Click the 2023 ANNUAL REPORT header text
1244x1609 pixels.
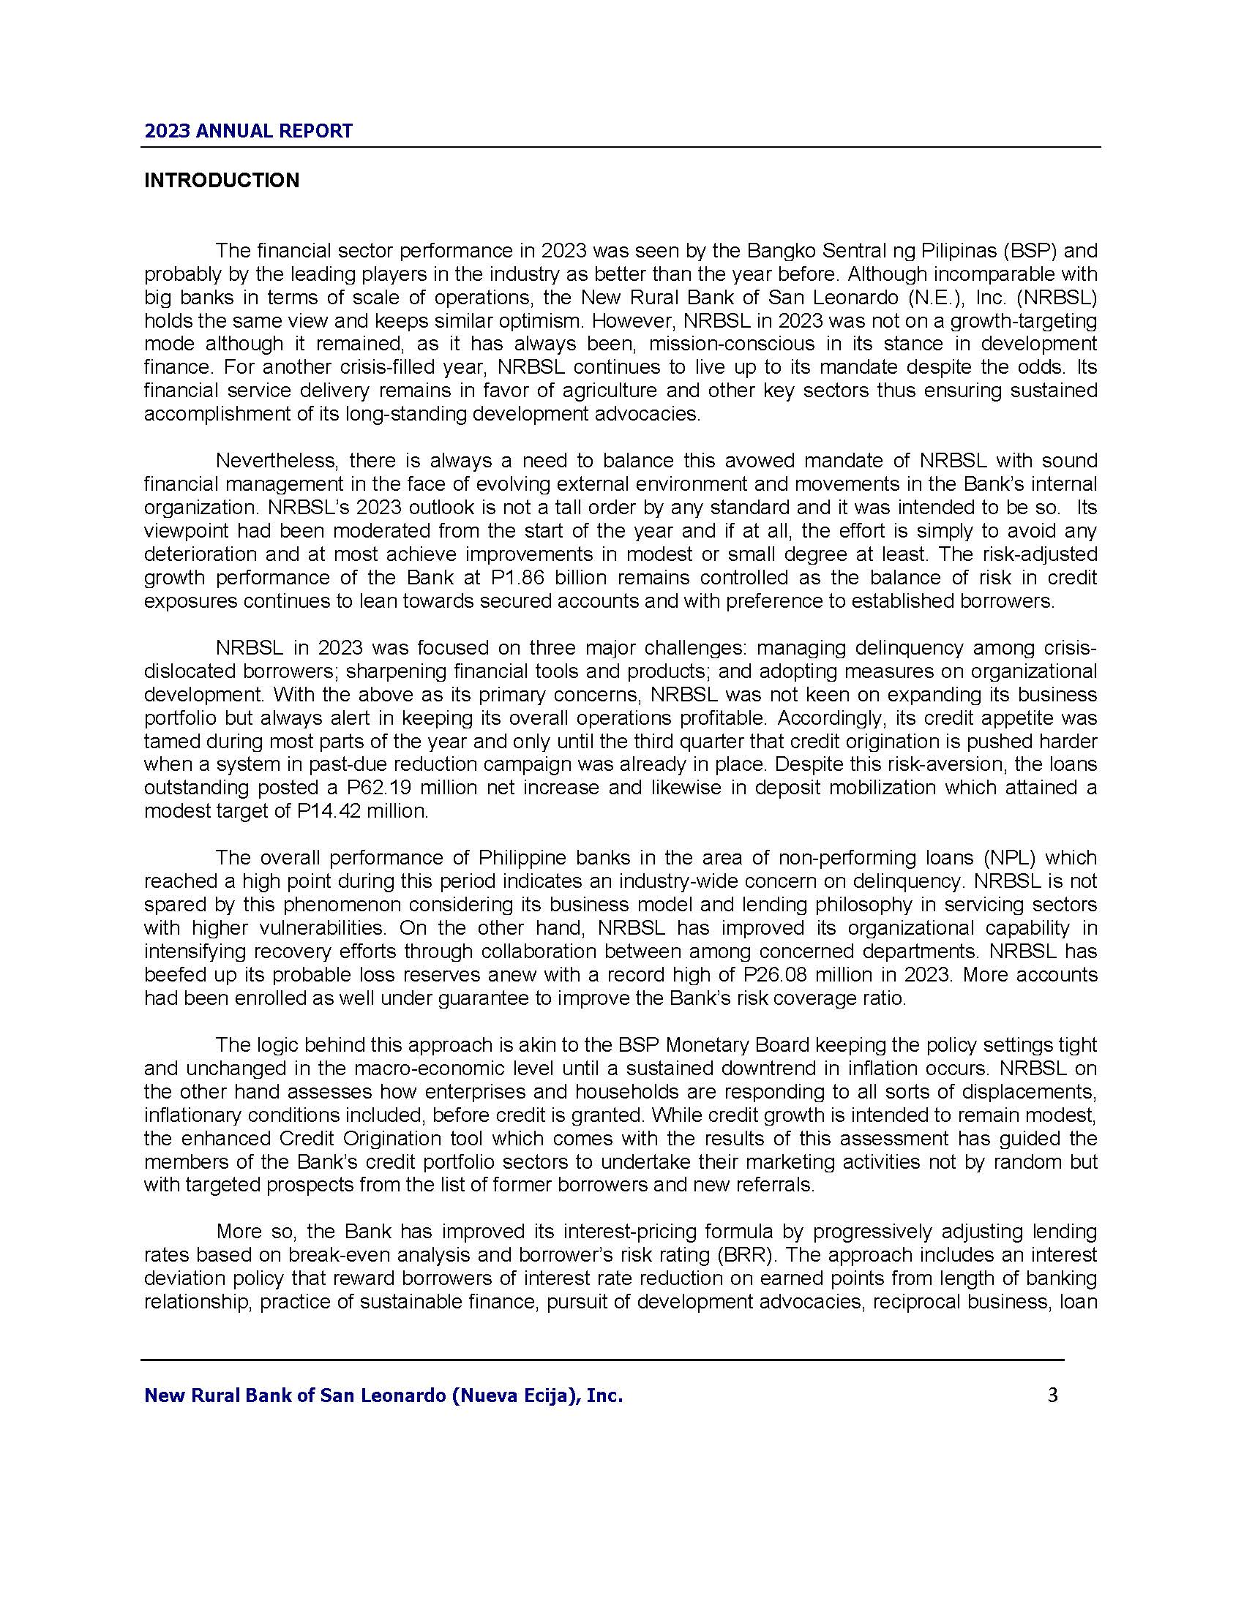[x=248, y=131]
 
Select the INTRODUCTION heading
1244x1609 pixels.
[x=222, y=181]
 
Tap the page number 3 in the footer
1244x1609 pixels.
[x=1052, y=1395]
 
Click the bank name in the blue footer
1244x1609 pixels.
[x=383, y=1395]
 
